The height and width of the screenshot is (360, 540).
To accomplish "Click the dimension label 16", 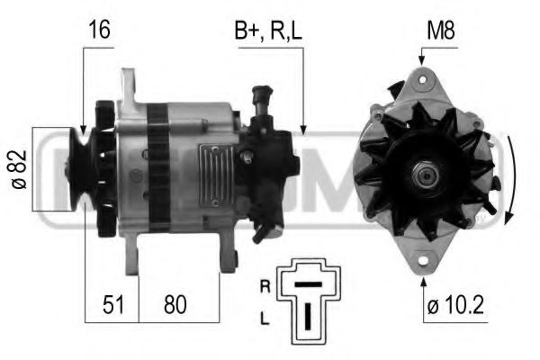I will (x=98, y=30).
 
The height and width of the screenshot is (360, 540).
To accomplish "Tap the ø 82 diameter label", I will (x=19, y=169).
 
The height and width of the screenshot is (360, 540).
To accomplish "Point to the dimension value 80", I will (x=176, y=305).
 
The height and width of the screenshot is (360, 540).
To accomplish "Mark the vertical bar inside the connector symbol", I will (x=309, y=314).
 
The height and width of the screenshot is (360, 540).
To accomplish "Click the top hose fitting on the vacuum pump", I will (x=263, y=93).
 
